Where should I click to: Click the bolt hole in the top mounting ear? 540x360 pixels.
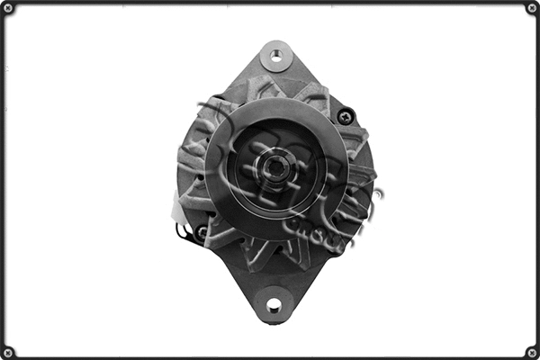click(x=276, y=56)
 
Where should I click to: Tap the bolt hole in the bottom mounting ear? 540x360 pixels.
click(x=274, y=306)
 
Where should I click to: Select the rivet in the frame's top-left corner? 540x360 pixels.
click(x=8, y=8)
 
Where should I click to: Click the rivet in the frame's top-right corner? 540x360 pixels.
click(x=531, y=8)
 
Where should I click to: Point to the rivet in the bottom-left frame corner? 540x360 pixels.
click(x=8, y=351)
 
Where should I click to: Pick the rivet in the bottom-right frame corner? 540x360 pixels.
click(x=531, y=351)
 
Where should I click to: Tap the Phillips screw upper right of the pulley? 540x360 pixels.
click(x=344, y=116)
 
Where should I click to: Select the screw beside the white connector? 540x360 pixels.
click(x=201, y=231)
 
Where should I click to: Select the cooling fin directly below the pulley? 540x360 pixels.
click(x=270, y=256)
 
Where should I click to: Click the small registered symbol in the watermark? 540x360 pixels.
click(x=379, y=192)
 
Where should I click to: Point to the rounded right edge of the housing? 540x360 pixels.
click(x=370, y=171)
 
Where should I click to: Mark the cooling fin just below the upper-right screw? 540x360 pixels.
click(x=353, y=140)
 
